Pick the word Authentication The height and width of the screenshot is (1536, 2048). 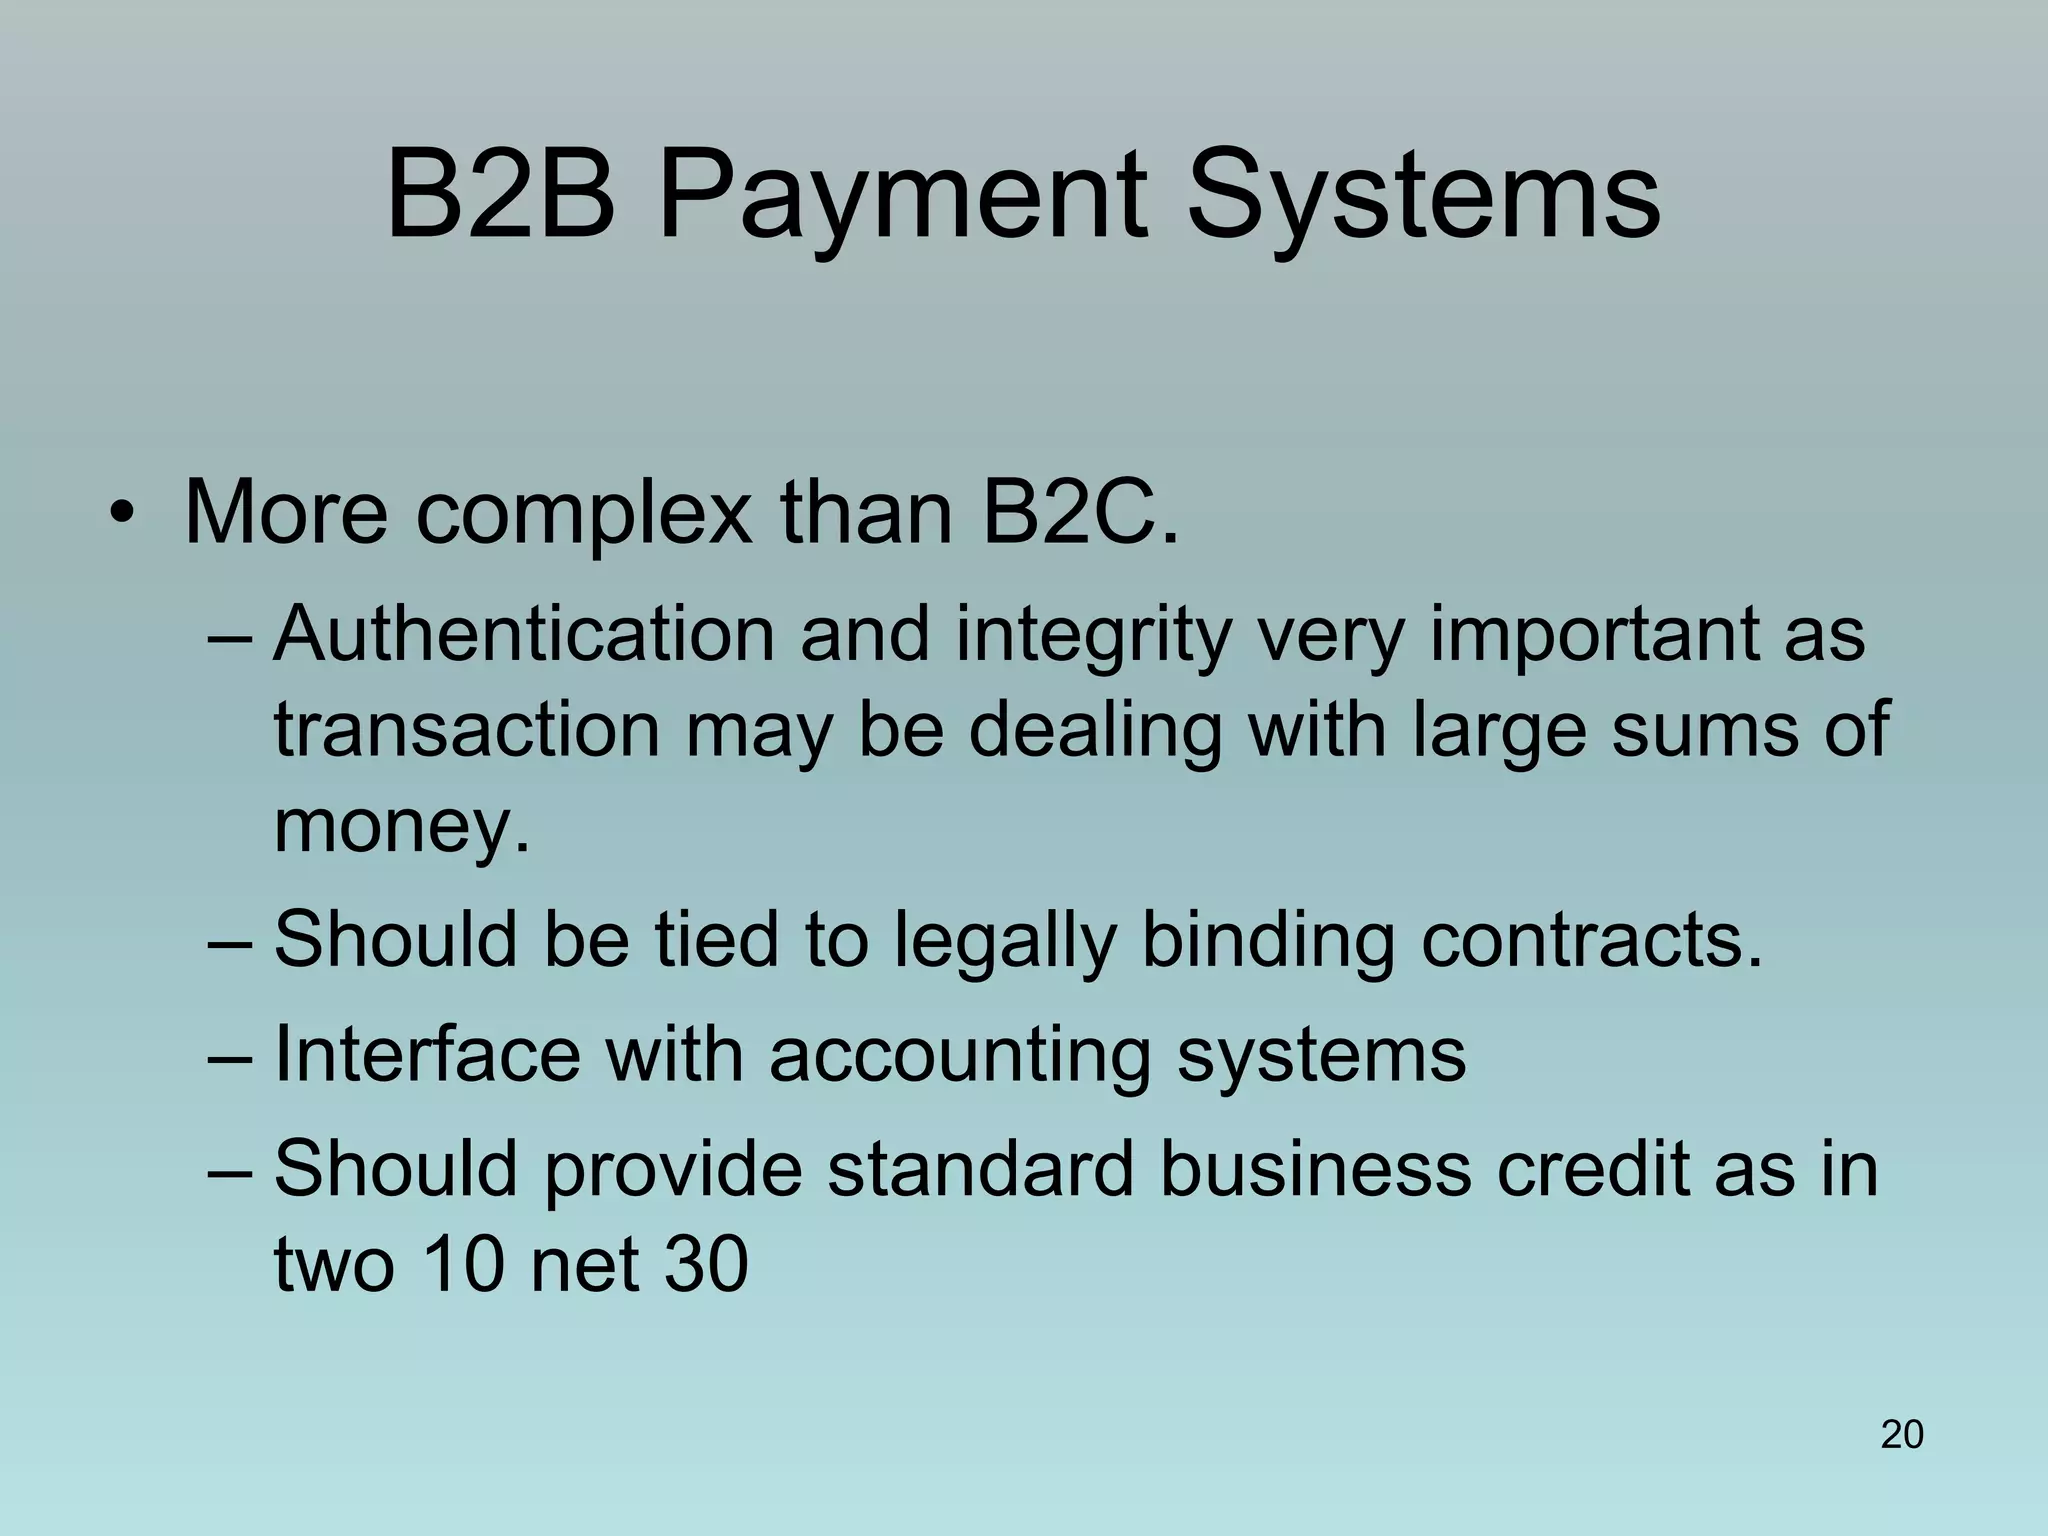(x=524, y=634)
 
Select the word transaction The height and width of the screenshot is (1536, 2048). (x=466, y=730)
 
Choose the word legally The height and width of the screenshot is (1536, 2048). (x=1004, y=942)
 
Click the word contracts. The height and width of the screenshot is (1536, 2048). (x=1592, y=940)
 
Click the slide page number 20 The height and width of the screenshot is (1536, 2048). (x=1902, y=1434)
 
